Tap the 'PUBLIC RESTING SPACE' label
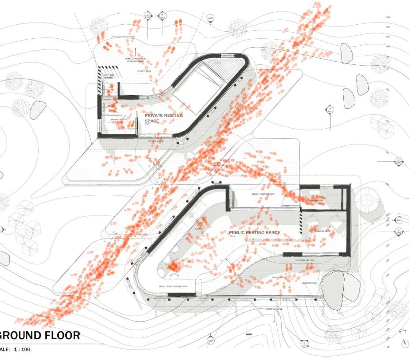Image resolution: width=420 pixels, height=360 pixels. (254, 233)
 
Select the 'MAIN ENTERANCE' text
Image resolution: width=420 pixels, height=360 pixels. (263, 194)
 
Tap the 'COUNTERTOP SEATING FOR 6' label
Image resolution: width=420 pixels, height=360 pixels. (173, 287)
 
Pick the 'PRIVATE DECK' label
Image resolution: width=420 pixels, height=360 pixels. (144, 71)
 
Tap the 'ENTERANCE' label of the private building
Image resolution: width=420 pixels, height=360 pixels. (156, 141)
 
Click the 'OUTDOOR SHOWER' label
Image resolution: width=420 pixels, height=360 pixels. (109, 77)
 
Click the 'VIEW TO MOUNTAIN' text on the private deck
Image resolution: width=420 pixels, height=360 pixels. (135, 59)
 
